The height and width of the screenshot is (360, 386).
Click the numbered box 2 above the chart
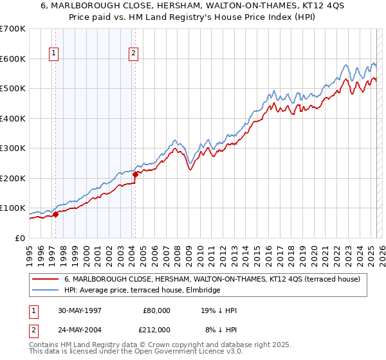(133, 54)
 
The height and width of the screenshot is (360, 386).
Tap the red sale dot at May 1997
(55, 214)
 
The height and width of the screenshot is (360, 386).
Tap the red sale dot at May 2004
(135, 174)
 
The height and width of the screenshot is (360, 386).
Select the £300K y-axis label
(12, 148)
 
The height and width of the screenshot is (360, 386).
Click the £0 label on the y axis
(20, 238)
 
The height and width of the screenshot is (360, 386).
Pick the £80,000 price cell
(156, 310)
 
